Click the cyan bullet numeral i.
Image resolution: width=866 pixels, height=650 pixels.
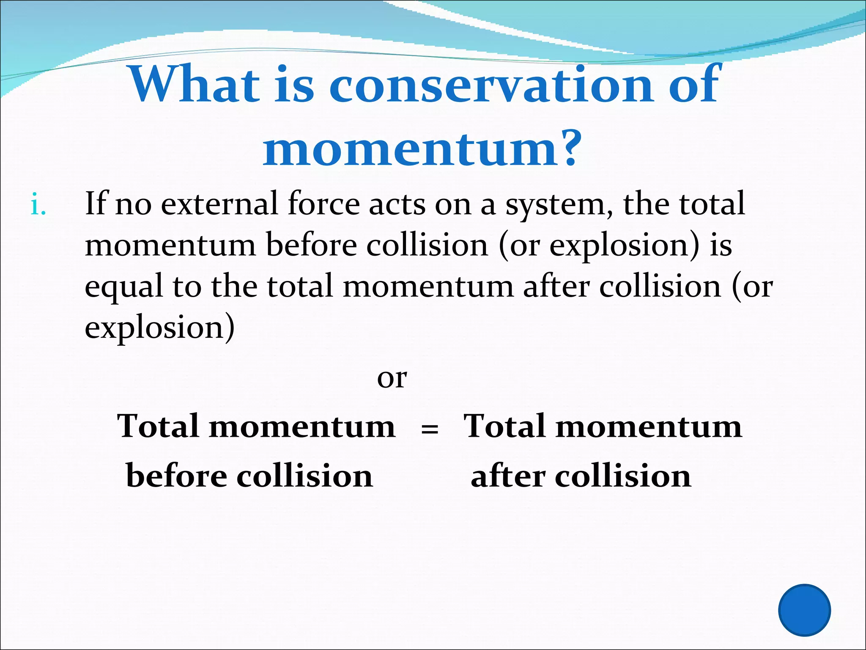tap(38, 206)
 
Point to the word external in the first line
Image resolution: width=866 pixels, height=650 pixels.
tap(219, 204)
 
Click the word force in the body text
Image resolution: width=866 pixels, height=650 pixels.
tap(323, 204)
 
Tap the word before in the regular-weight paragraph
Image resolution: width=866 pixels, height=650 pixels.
tap(311, 245)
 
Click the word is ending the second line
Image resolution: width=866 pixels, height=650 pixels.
tap(721, 245)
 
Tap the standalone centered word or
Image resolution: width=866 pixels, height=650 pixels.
tap(392, 378)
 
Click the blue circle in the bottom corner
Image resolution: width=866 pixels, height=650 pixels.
tap(804, 610)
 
